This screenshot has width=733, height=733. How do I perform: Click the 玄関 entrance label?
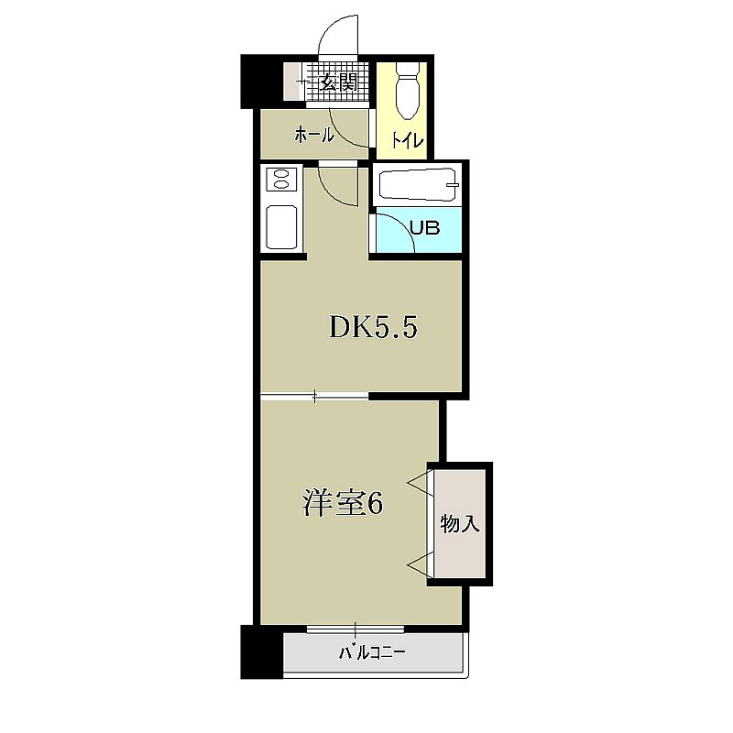pyautogui.click(x=338, y=82)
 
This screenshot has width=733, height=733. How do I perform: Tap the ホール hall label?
pyautogui.click(x=314, y=136)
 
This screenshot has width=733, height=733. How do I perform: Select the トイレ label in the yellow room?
pyautogui.click(x=407, y=140)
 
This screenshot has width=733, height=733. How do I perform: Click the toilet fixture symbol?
pyautogui.click(x=408, y=92)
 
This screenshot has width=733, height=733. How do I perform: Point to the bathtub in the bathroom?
pyautogui.click(x=418, y=185)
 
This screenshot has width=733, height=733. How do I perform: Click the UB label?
pyautogui.click(x=425, y=227)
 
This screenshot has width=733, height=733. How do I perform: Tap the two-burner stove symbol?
pyautogui.click(x=281, y=179)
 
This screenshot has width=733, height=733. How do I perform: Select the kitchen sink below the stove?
pyautogui.click(x=281, y=227)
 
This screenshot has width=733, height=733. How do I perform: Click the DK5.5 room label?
pyautogui.click(x=373, y=327)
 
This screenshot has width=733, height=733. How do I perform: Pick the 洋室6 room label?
pyautogui.click(x=344, y=504)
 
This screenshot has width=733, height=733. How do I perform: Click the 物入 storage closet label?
pyautogui.click(x=460, y=523)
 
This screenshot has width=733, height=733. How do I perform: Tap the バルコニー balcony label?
pyautogui.click(x=372, y=652)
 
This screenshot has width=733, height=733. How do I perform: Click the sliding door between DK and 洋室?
pyautogui.click(x=314, y=397)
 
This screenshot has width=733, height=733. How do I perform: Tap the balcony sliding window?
pyautogui.click(x=356, y=629)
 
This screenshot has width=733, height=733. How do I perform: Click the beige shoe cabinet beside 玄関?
pyautogui.click(x=294, y=81)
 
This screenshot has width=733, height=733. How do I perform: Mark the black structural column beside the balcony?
pyautogui.click(x=261, y=651)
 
